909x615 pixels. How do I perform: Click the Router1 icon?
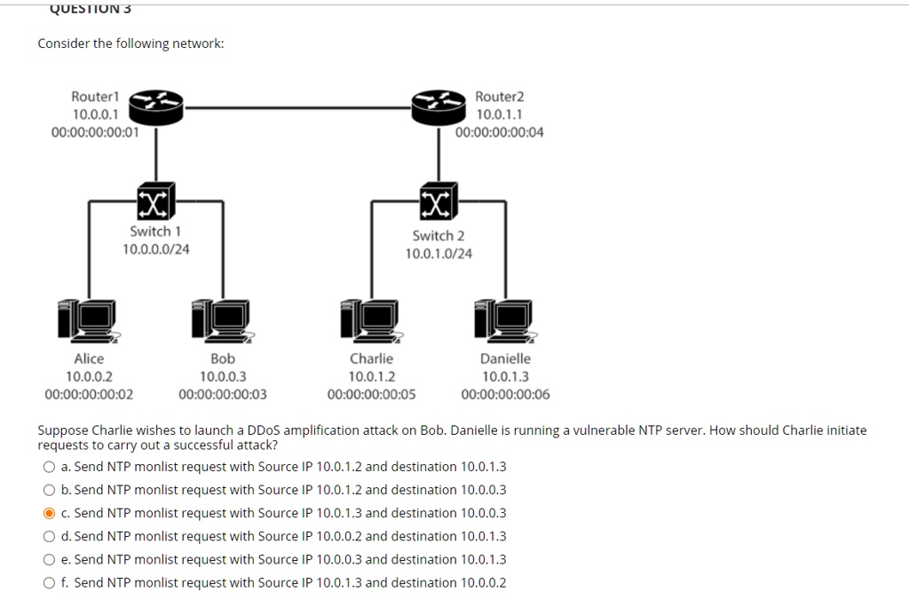click(x=156, y=107)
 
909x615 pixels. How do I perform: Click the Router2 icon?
click(x=439, y=107)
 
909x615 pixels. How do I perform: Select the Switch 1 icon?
click(x=156, y=202)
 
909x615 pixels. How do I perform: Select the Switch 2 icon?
click(x=439, y=202)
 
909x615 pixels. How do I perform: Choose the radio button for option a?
click(x=49, y=467)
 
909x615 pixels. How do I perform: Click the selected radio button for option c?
click(x=49, y=513)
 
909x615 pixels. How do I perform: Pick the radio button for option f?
click(x=49, y=583)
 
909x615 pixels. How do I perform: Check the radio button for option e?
click(x=49, y=560)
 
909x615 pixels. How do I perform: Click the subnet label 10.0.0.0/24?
click(x=155, y=248)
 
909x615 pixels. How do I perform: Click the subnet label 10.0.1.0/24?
click(x=439, y=254)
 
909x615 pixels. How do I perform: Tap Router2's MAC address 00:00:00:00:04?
click(x=500, y=132)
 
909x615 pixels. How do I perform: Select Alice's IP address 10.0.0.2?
click(x=89, y=376)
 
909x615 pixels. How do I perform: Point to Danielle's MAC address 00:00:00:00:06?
click(x=505, y=395)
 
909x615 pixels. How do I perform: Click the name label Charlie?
click(x=371, y=359)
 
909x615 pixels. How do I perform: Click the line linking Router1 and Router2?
click(x=297, y=107)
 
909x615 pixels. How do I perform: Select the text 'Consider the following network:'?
click(x=130, y=43)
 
